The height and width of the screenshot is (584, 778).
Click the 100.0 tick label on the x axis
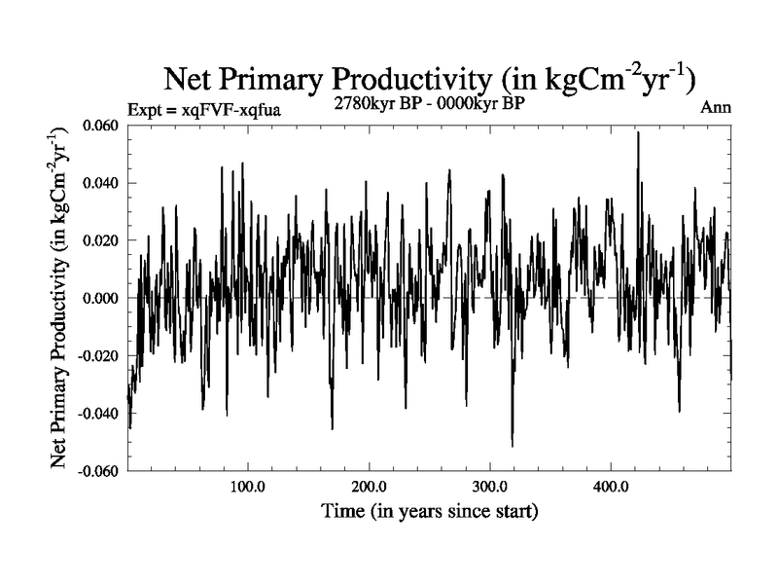point(249,487)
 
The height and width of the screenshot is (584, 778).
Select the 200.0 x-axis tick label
point(370,487)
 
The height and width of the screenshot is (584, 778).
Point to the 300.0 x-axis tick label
point(490,487)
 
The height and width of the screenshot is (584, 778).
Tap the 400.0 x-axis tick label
point(611,487)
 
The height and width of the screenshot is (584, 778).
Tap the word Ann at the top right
point(716,109)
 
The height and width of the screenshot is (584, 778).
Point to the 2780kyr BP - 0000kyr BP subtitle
point(430,103)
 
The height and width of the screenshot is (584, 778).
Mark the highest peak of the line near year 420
point(638,132)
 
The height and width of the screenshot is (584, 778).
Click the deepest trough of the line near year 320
point(513,446)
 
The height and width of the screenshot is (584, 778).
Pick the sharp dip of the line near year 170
point(333,428)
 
